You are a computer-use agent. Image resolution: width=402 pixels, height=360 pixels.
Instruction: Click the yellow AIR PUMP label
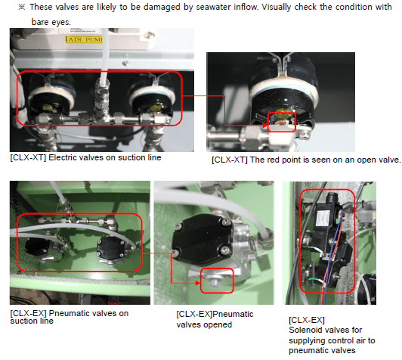[84, 39]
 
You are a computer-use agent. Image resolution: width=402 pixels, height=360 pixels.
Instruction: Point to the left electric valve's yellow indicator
[47, 107]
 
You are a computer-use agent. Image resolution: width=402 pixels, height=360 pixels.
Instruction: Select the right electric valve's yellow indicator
[156, 107]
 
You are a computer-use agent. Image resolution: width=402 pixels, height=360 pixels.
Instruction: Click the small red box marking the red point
[282, 122]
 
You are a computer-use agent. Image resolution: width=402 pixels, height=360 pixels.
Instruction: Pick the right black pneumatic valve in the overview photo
[111, 247]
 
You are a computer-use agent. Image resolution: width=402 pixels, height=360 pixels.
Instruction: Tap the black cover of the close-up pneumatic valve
[203, 236]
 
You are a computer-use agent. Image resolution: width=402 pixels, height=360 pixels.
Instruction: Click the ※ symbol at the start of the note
[22, 7]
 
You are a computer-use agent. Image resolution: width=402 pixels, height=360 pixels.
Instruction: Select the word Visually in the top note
[276, 7]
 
